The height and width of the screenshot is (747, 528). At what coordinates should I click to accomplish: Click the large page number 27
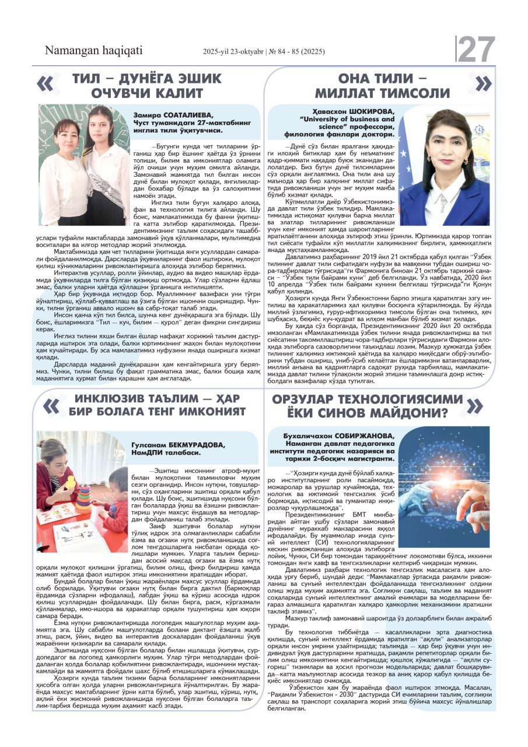point(476,50)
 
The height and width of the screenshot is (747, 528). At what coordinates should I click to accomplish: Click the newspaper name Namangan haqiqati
point(93,51)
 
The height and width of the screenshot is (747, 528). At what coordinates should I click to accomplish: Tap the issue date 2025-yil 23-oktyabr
point(232,52)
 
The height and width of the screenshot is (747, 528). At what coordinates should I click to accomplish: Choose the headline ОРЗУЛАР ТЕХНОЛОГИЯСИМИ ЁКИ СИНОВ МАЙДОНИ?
point(366,405)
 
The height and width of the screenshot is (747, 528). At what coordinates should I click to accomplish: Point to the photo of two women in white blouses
point(84,165)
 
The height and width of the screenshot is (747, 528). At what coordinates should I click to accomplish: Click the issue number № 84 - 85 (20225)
point(295,52)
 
